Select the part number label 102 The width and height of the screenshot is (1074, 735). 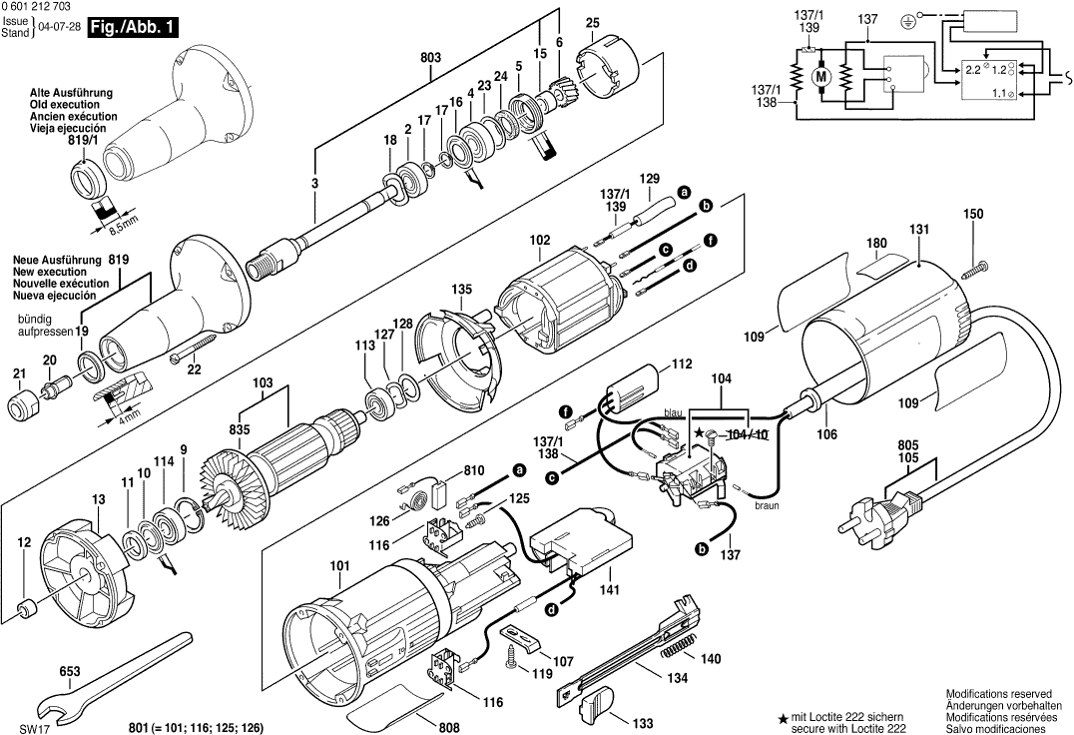(x=540, y=241)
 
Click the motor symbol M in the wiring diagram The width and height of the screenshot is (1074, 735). (x=822, y=77)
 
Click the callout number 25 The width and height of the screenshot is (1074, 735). (x=592, y=23)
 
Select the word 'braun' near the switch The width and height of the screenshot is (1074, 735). (x=767, y=506)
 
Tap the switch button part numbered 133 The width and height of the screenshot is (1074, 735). (x=596, y=706)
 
